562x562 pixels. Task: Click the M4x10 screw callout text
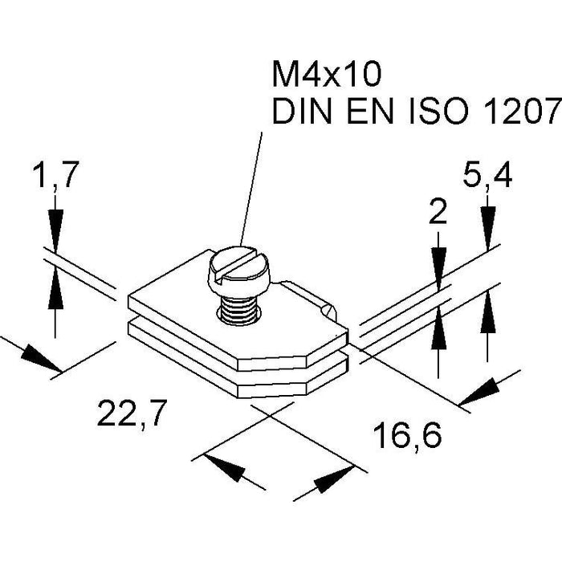point(324,76)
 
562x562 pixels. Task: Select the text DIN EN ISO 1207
point(414,113)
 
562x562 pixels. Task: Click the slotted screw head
point(242,268)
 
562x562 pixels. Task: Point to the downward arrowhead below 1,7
point(55,227)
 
